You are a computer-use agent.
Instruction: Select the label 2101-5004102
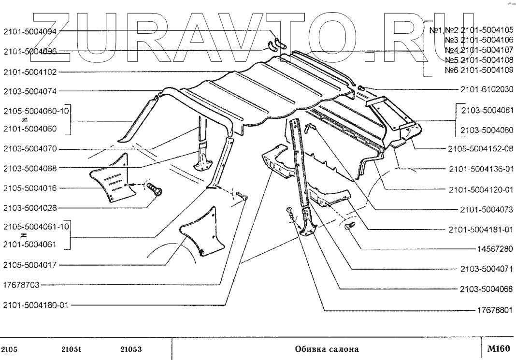pos(30,72)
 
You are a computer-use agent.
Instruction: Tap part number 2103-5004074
pos(30,90)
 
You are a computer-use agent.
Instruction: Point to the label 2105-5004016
pos(30,188)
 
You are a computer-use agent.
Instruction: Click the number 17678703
pos(22,285)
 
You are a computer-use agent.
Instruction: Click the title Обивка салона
pos(327,348)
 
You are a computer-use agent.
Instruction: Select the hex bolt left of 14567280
pos(350,226)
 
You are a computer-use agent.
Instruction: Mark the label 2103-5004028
pos(30,208)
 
